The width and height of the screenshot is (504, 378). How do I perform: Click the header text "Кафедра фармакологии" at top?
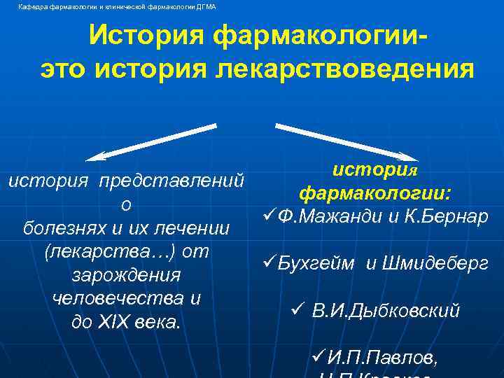(59, 7)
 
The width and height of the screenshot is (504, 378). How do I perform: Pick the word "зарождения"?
(127, 275)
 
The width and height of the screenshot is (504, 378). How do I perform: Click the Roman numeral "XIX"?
(123, 322)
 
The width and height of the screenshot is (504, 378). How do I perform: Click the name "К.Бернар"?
(442, 217)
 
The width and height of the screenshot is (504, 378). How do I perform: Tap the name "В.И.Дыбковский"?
(385, 310)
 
